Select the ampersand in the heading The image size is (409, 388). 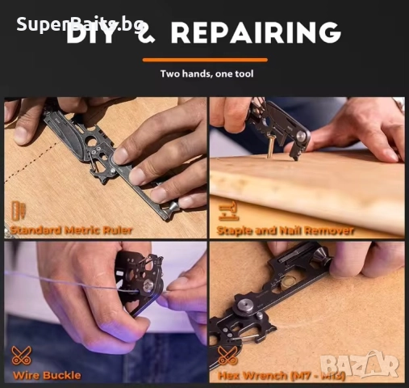148,34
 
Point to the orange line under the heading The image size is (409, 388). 204,60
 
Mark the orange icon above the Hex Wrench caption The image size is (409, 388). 227,356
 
